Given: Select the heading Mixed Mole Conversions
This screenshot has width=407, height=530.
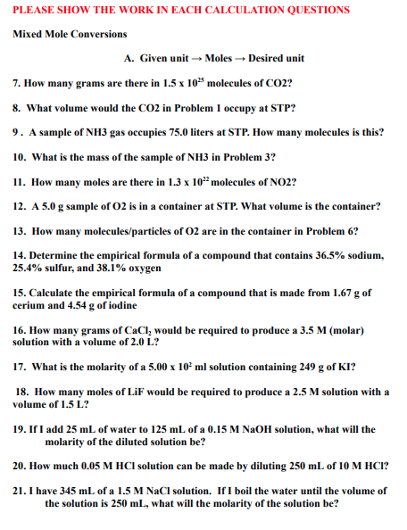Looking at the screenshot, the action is click(x=70, y=35).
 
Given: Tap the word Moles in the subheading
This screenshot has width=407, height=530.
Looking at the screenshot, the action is click(x=218, y=58).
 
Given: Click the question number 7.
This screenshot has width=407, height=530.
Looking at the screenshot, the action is click(x=17, y=82).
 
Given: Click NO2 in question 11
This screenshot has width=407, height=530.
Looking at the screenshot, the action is click(x=284, y=181).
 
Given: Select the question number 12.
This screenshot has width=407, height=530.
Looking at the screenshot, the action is click(x=19, y=205).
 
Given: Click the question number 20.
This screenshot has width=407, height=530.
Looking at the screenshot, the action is click(x=19, y=466).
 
